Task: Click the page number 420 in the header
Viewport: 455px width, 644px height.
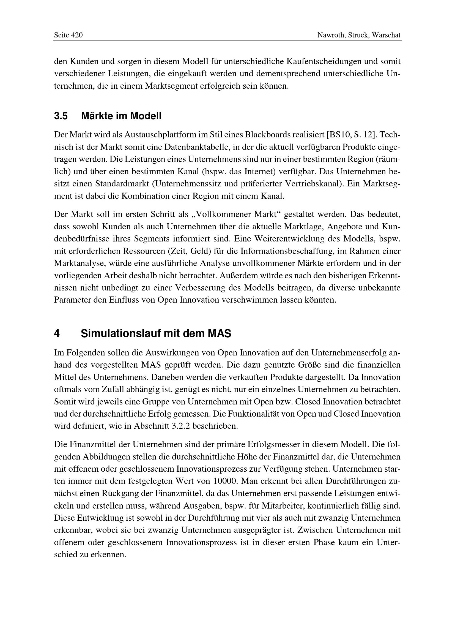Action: point(77,35)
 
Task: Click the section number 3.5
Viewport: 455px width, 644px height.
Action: point(61,116)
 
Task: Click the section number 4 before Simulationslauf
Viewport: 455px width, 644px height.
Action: point(57,333)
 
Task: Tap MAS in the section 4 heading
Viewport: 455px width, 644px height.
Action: point(219,333)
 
